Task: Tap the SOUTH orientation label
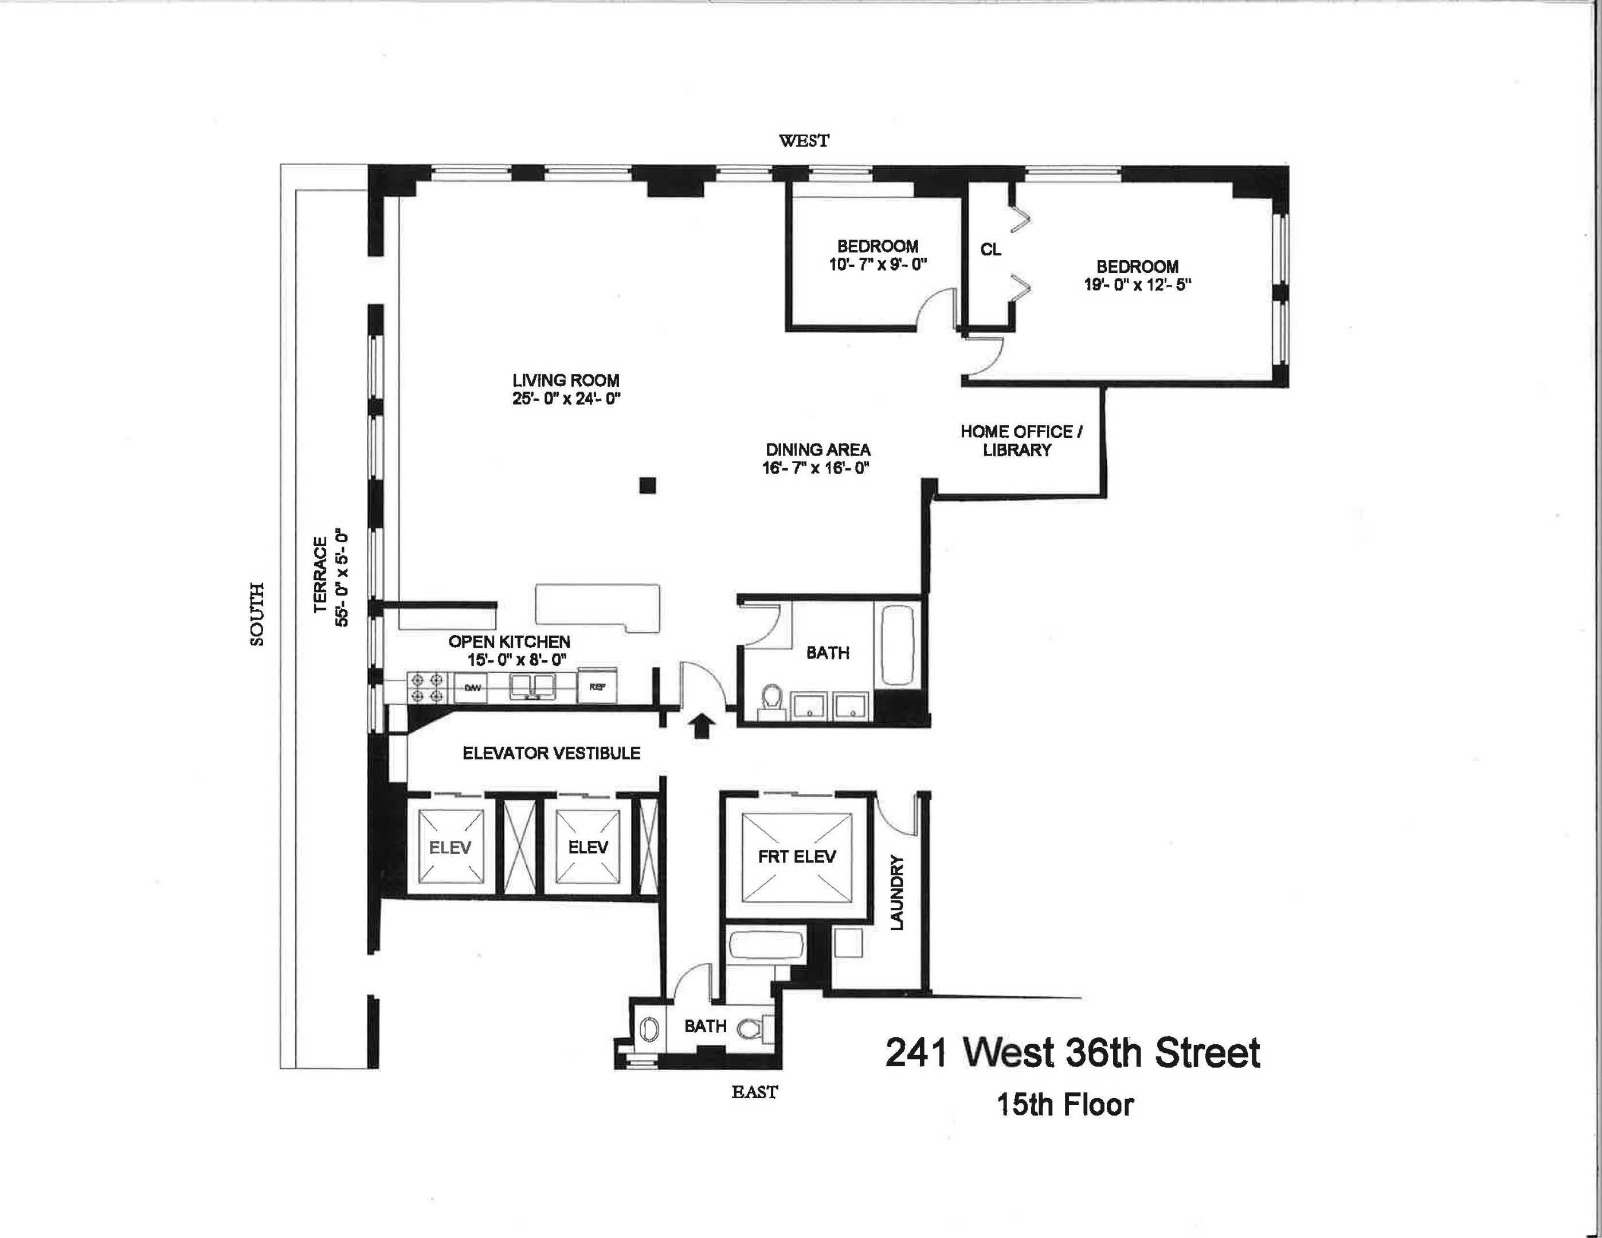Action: pos(257,614)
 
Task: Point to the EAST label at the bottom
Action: pos(754,1092)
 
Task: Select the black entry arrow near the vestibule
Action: pos(702,726)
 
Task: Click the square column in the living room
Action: pos(647,485)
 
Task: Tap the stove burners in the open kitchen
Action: pos(426,688)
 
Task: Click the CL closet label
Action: pos(990,249)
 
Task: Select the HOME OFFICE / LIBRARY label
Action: pos(1020,441)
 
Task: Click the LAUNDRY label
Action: pos(896,892)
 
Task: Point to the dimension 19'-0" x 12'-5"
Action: pos(1137,285)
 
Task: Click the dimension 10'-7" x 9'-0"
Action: pos(878,265)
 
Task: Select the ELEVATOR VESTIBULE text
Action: pos(551,753)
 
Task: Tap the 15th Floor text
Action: pos(1064,1104)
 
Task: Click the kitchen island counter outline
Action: pos(598,606)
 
